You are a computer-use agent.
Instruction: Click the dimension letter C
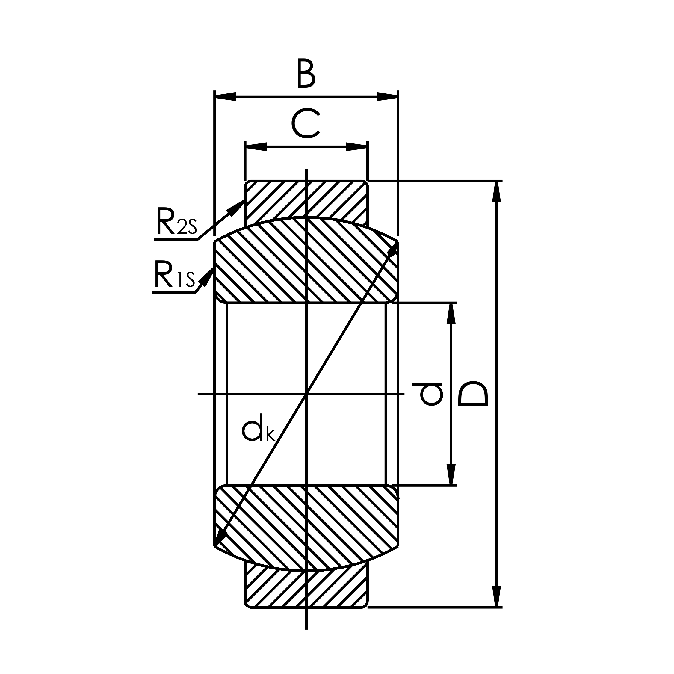[305, 123]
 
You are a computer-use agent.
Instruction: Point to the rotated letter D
[472, 394]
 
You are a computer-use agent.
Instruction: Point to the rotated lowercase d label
[428, 395]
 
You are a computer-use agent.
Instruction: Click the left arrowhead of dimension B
[225, 97]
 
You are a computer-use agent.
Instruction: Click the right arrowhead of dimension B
[387, 97]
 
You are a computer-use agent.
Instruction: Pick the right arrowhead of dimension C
[356, 147]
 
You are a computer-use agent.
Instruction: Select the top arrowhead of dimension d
[451, 313]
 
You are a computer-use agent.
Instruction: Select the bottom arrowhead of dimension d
[451, 474]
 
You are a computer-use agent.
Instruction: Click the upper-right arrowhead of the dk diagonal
[394, 249]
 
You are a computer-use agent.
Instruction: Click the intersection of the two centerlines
[306, 394]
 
